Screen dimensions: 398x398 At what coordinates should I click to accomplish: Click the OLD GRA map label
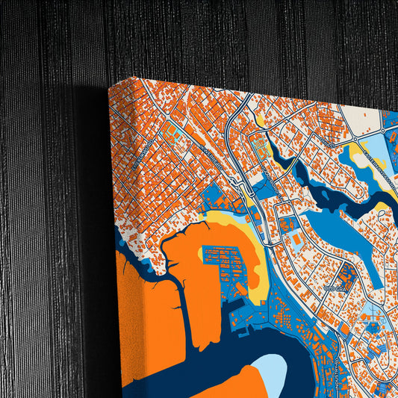[335, 286]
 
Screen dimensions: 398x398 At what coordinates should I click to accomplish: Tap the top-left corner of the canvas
[109, 85]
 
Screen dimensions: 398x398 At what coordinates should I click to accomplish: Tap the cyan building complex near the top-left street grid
[172, 135]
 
